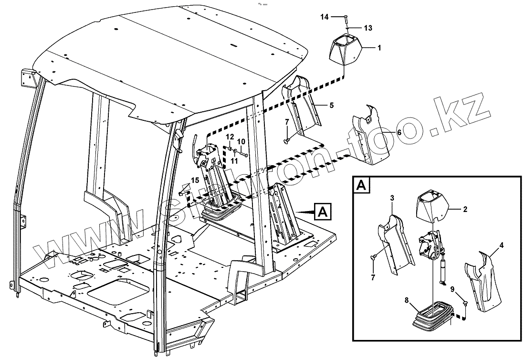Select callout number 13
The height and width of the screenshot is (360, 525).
pos(367,28)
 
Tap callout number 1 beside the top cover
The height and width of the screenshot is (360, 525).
pos(379,48)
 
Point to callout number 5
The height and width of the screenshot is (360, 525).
pos(332,105)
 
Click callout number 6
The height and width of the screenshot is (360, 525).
pos(399,132)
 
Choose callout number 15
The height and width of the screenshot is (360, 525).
pos(195,180)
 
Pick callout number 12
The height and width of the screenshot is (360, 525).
pos(230,137)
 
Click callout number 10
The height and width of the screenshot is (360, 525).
pos(241,141)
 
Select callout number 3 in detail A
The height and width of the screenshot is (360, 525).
pos(391,197)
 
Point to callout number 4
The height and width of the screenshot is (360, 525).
pos(501,246)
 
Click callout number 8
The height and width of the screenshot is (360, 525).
pos(406,301)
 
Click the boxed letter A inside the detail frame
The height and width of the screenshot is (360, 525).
pos(360,185)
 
